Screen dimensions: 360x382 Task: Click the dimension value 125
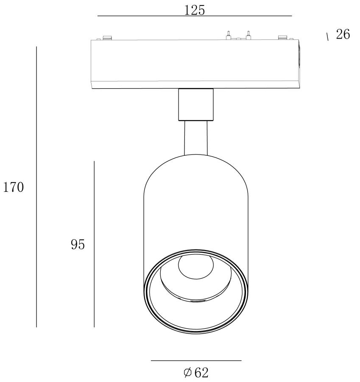[x=194, y=10]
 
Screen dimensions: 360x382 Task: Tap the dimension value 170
[x=14, y=187]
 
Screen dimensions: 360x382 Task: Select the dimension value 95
[x=78, y=244]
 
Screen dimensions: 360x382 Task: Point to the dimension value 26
[x=343, y=34]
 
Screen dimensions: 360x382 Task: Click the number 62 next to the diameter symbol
[x=201, y=373]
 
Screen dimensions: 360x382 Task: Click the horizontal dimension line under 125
[x=195, y=16]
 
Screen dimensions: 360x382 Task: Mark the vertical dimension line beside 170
[x=36, y=187]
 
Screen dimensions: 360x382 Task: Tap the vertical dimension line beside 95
[x=94, y=244]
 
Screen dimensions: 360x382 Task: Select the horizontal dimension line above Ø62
[x=196, y=360]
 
